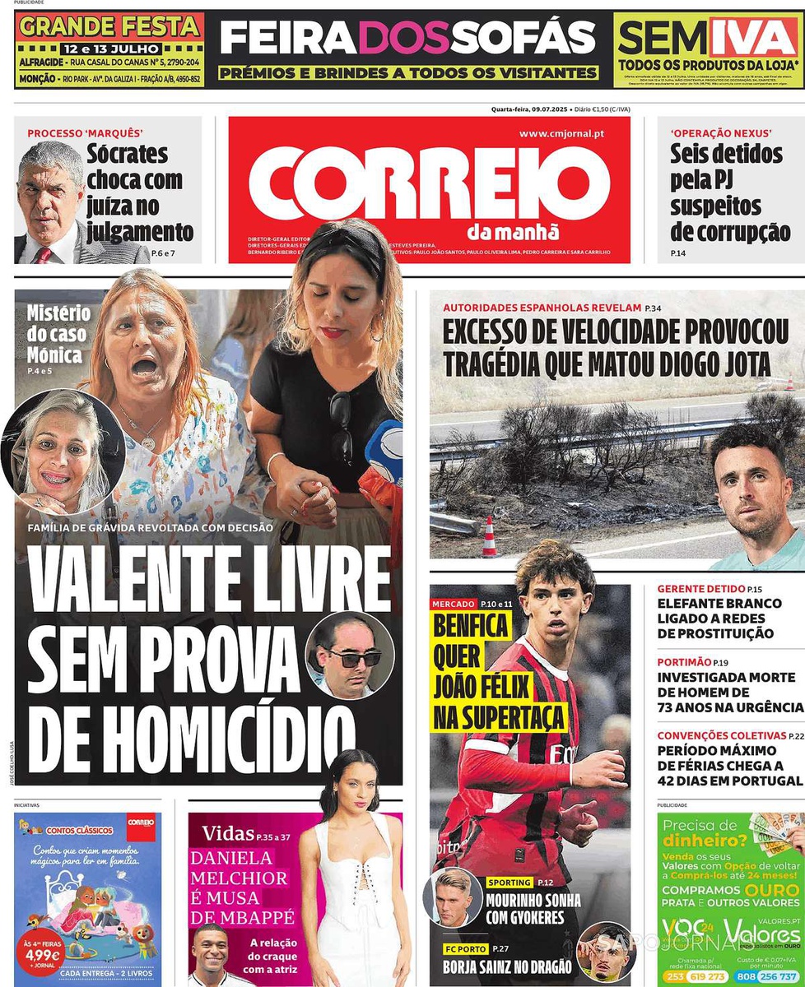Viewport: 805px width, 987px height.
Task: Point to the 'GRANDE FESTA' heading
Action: (x=109, y=26)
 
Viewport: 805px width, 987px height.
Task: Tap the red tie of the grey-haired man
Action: (x=43, y=254)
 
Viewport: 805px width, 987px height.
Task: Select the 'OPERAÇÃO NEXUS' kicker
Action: (x=721, y=133)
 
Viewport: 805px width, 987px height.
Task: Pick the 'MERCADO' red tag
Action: (x=454, y=605)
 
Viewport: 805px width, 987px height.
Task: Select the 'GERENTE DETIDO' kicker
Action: (x=700, y=589)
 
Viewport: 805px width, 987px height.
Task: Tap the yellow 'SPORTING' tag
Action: (x=509, y=883)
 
